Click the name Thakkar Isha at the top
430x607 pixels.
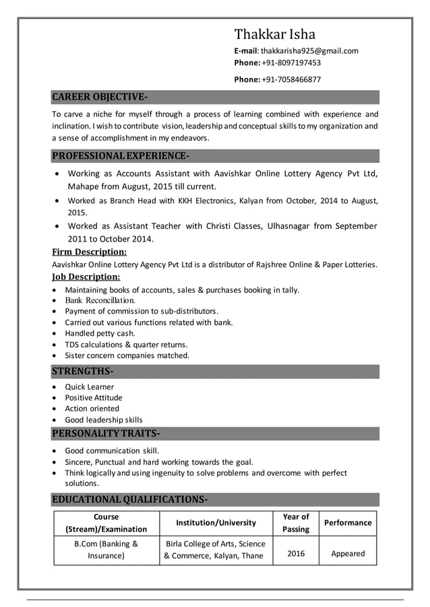(x=274, y=34)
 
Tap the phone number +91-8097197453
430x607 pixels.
(x=291, y=63)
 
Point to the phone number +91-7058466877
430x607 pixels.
(x=291, y=79)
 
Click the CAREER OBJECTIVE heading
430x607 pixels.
(x=100, y=96)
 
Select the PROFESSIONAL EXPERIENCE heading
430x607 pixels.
(x=121, y=157)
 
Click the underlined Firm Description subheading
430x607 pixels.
(x=90, y=252)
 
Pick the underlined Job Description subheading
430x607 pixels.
(x=86, y=277)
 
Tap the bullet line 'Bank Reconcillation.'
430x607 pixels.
(x=100, y=300)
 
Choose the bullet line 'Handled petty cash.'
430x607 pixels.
(x=100, y=333)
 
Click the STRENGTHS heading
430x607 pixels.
(x=82, y=371)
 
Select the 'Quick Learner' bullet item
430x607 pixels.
(x=89, y=387)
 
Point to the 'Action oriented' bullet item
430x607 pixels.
(x=92, y=408)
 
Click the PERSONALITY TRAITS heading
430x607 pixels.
(x=106, y=432)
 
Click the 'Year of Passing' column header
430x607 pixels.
(x=296, y=523)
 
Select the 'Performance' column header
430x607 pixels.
(x=348, y=523)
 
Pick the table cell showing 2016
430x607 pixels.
(x=296, y=554)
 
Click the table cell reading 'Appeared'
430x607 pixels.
(x=348, y=554)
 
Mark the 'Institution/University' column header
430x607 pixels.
(x=216, y=523)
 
